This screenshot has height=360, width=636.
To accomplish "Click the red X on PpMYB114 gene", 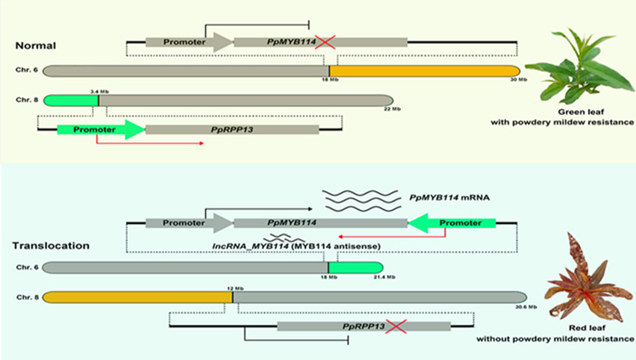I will pyautogui.click(x=325, y=43).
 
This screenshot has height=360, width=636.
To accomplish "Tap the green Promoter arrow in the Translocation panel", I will pyautogui.click(x=452, y=223).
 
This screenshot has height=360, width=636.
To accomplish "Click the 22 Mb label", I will pyautogui.click(x=393, y=108).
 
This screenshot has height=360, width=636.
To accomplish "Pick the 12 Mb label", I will pyautogui.click(x=233, y=286).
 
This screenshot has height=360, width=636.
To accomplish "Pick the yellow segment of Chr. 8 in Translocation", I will pyautogui.click(x=137, y=297).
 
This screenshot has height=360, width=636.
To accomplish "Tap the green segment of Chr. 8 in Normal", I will pyautogui.click(x=71, y=99).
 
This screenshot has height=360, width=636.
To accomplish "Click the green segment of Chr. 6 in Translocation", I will pyautogui.click(x=355, y=267).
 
